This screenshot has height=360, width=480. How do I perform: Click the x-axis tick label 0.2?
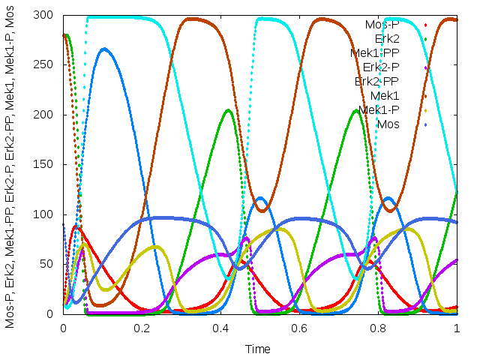click(x=141, y=328)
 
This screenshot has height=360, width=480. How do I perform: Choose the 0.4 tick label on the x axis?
click(x=220, y=328)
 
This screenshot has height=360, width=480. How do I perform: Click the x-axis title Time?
click(x=259, y=349)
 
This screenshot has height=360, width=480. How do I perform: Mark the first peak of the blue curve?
click(x=103, y=49)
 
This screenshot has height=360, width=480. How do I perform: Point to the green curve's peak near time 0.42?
click(x=228, y=110)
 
